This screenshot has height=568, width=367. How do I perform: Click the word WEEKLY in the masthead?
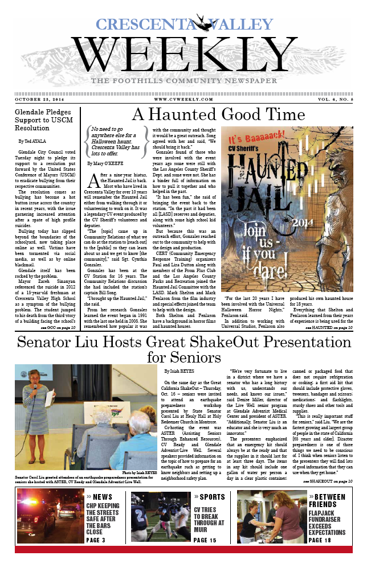tap(183, 56)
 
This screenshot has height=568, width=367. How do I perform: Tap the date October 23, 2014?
tap(38, 99)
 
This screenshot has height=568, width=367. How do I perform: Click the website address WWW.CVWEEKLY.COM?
tap(183, 99)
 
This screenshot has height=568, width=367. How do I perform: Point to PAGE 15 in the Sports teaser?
tap(205, 540)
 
